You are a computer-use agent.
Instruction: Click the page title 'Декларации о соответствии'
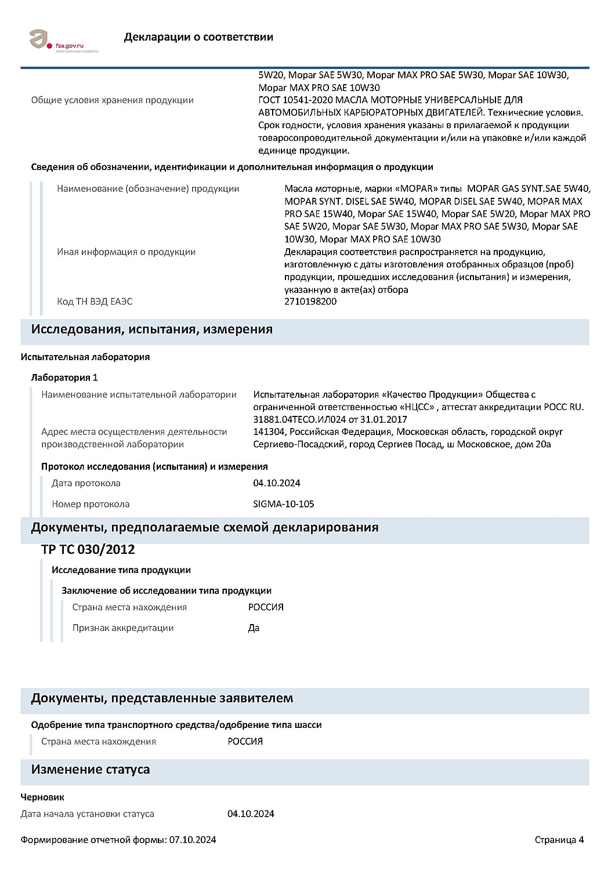tap(198, 37)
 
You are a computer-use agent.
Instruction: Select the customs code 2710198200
tap(310, 302)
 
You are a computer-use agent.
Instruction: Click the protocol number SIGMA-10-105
tap(284, 504)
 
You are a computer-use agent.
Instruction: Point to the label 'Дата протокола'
tap(86, 483)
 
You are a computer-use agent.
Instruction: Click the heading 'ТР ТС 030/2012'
tap(88, 549)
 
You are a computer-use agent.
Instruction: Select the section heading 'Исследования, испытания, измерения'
tap(151, 329)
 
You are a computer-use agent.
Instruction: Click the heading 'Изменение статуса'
tap(90, 770)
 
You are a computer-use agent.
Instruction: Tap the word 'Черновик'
tap(42, 797)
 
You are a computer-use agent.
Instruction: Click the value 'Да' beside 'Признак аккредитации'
tap(254, 628)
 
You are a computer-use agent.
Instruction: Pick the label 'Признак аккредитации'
tap(123, 628)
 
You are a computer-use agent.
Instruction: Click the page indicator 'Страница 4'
tap(559, 840)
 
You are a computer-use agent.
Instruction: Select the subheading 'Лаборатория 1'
tap(64, 378)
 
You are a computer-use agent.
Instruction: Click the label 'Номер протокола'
tap(91, 504)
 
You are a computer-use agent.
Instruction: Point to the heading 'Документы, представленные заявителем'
tap(162, 698)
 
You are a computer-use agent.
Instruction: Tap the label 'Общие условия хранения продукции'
tap(113, 100)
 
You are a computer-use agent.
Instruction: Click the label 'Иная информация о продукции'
tap(126, 252)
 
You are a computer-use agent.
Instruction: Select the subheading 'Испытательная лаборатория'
tap(85, 357)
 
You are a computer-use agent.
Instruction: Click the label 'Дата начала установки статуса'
tap(88, 814)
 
